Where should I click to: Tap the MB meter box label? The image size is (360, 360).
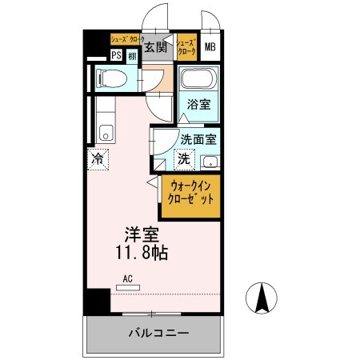pyautogui.click(x=210, y=47)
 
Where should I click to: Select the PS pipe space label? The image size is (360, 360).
pyautogui.click(x=116, y=55)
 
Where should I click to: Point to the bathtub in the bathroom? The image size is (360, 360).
pyautogui.click(x=196, y=80)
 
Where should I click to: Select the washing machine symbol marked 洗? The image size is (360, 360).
pyautogui.click(x=183, y=158)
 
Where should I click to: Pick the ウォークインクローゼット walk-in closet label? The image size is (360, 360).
pyautogui.click(x=190, y=193)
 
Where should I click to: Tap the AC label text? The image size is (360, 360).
pyautogui.click(x=126, y=278)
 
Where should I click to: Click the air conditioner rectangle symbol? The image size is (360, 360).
pyautogui.click(x=126, y=286)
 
